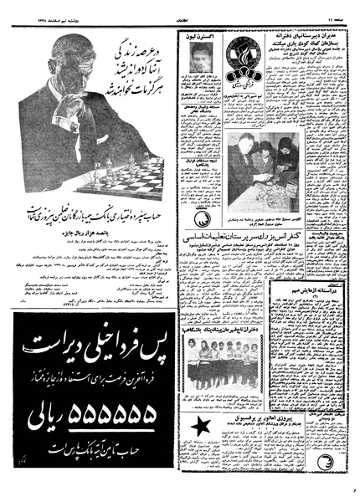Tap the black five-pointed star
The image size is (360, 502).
pyautogui.click(x=200, y=429)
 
